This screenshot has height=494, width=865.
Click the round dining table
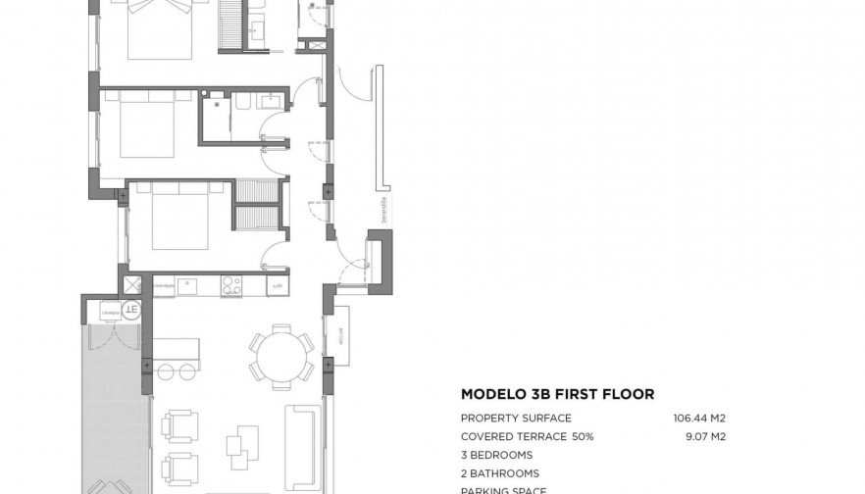(281, 356)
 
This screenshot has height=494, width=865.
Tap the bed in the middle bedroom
(145, 127)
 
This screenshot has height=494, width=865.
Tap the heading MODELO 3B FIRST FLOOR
(557, 394)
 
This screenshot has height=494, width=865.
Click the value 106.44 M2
(698, 418)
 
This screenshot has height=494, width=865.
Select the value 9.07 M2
(703, 436)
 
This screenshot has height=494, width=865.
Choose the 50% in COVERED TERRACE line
(609, 436)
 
